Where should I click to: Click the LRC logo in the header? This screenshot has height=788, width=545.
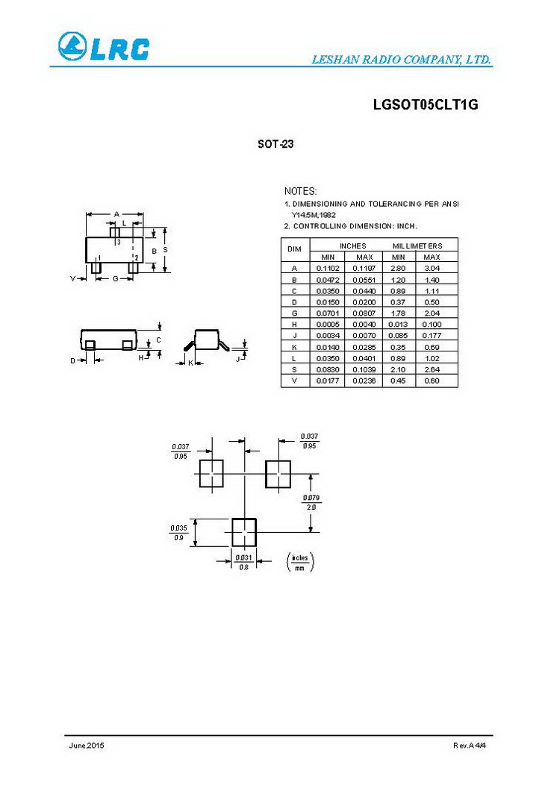103,48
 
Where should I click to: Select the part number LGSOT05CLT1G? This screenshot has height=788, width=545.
425,105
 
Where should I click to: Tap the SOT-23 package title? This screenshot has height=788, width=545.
275,144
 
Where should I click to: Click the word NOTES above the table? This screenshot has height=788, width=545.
300,192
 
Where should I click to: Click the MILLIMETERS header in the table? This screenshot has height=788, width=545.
417,246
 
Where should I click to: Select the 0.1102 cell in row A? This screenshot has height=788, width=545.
328,268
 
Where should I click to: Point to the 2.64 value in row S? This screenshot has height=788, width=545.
432,369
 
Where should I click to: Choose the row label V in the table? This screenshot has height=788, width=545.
294,381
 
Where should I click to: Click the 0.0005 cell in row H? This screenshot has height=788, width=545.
328,324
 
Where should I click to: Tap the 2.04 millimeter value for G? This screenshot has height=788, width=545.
432,313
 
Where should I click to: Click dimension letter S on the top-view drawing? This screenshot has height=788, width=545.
165,249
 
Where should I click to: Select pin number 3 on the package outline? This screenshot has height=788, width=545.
118,242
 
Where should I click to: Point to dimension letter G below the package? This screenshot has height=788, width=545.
116,278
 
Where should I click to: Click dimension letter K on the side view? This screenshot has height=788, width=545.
190,363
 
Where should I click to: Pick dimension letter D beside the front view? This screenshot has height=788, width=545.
73,360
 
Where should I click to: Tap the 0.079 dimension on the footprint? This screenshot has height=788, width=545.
311,497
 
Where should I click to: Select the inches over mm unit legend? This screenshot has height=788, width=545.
299,562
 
